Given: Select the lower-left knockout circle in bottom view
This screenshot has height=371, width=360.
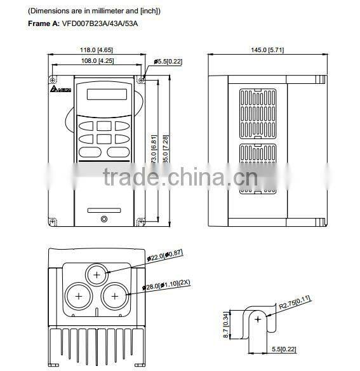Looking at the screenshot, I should tap(79, 296).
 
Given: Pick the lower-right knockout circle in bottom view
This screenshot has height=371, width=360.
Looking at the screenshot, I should tap(114, 296).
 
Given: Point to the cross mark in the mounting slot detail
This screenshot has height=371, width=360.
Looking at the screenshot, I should tap(258, 321).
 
